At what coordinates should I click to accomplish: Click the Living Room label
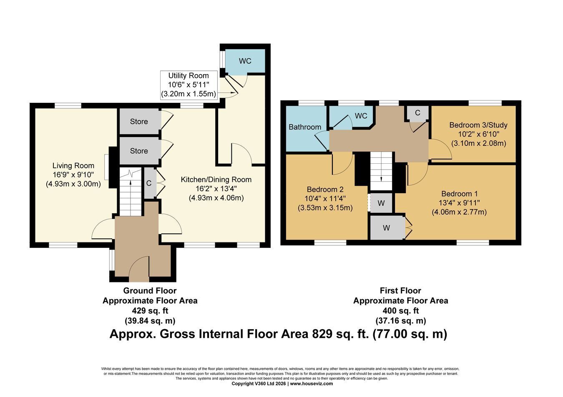click(73, 166)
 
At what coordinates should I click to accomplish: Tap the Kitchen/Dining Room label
click(216, 180)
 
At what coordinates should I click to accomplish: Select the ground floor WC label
click(245, 61)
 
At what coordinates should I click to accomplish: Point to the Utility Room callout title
click(189, 75)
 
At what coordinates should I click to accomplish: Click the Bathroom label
click(305, 127)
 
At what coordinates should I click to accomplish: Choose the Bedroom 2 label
click(325, 189)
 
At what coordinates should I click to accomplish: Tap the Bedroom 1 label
click(460, 194)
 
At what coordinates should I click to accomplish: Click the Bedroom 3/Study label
click(478, 125)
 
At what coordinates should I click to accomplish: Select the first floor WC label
click(361, 116)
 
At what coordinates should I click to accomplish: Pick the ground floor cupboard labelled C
click(149, 183)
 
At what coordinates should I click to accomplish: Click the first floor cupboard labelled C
click(417, 113)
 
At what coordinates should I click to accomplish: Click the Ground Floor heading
click(150, 291)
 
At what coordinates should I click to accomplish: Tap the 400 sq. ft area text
click(401, 311)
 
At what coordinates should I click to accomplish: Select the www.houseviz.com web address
click(312, 384)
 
